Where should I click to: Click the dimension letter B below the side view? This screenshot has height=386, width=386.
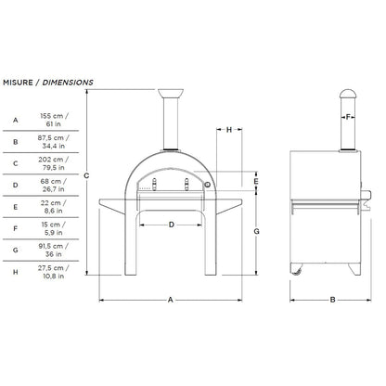pos(331,300)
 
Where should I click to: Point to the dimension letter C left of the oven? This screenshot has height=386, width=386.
pos(86,175)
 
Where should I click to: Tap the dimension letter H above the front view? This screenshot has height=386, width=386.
pos(228,130)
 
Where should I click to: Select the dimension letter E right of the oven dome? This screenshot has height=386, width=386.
pos(256,181)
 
